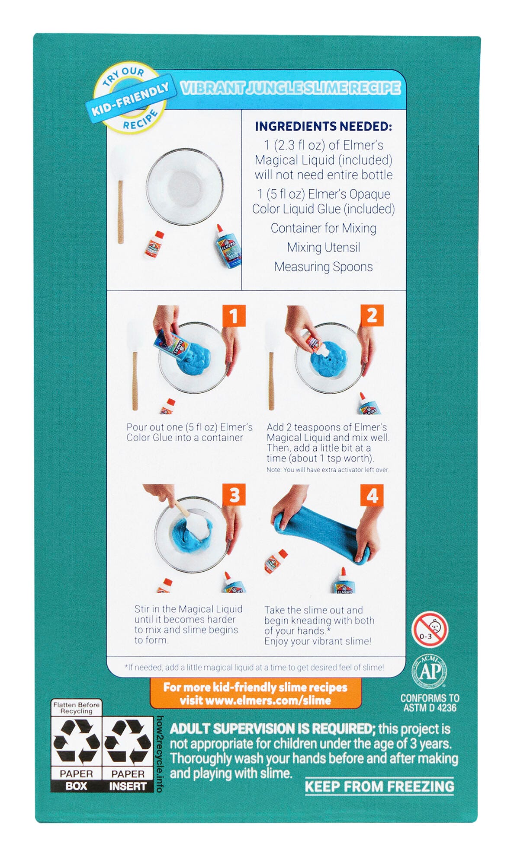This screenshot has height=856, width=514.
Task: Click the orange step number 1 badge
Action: (234, 315)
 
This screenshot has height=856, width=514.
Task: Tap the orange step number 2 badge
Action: (372, 315)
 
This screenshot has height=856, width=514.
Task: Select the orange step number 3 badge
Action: (234, 495)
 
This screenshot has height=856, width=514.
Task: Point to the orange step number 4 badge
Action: (372, 495)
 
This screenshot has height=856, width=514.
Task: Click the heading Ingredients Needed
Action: (323, 126)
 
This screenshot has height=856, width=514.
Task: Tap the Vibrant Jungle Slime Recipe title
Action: (290, 88)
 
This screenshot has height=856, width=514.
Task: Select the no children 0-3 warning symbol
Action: (429, 629)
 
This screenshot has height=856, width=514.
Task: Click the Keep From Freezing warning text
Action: (379, 786)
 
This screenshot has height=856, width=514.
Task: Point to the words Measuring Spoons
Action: (323, 267)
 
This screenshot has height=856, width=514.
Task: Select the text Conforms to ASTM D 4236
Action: (430, 703)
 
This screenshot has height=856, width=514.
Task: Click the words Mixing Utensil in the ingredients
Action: (323, 247)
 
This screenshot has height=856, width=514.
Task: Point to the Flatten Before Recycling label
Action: (76, 708)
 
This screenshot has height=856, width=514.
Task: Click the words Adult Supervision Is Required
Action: (272, 729)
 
